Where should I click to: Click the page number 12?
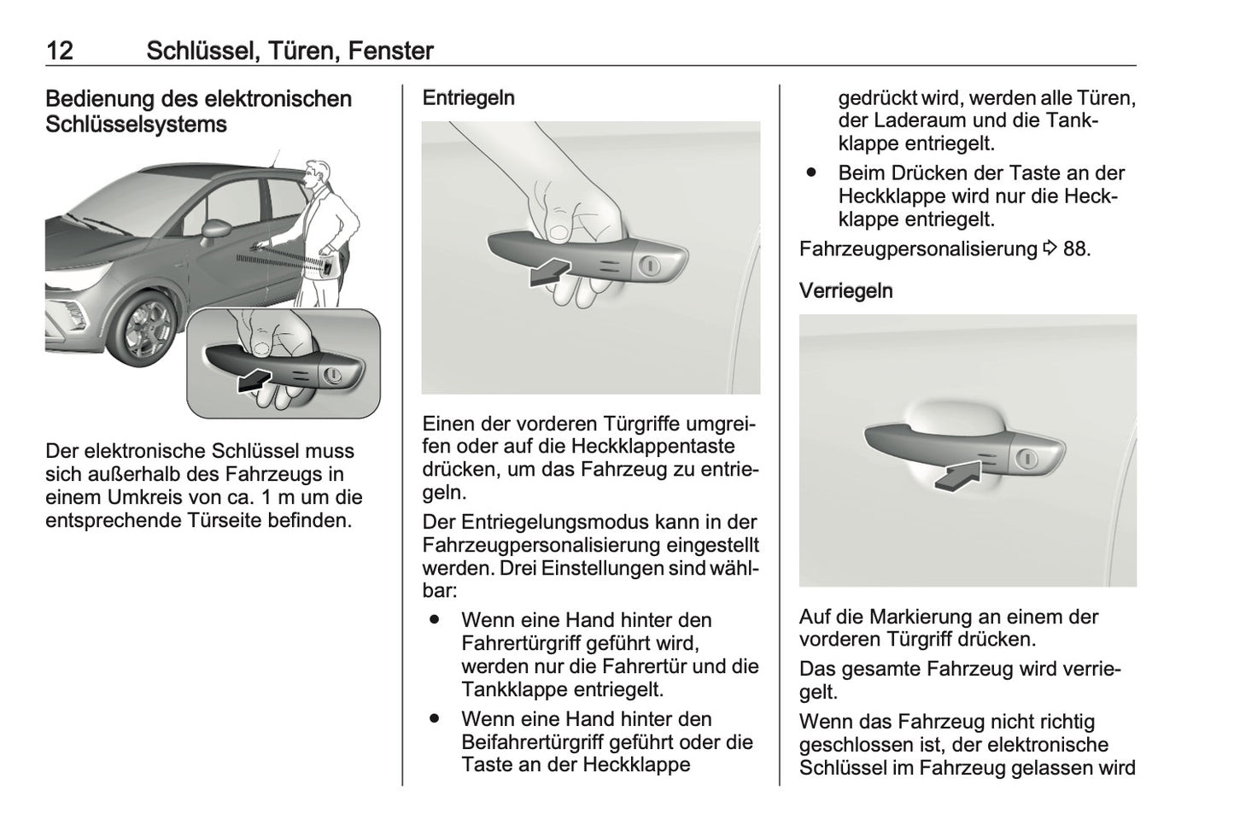click(60, 50)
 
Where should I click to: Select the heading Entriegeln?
click(468, 98)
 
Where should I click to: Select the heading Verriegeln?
click(845, 291)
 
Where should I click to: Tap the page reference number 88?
click(1075, 249)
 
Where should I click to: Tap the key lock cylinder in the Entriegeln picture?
click(650, 266)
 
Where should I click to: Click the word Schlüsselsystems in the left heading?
click(136, 125)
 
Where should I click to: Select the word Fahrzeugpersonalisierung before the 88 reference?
click(918, 249)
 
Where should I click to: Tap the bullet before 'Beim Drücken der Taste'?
click(810, 173)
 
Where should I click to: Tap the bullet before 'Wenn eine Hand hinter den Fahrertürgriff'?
click(434, 619)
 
